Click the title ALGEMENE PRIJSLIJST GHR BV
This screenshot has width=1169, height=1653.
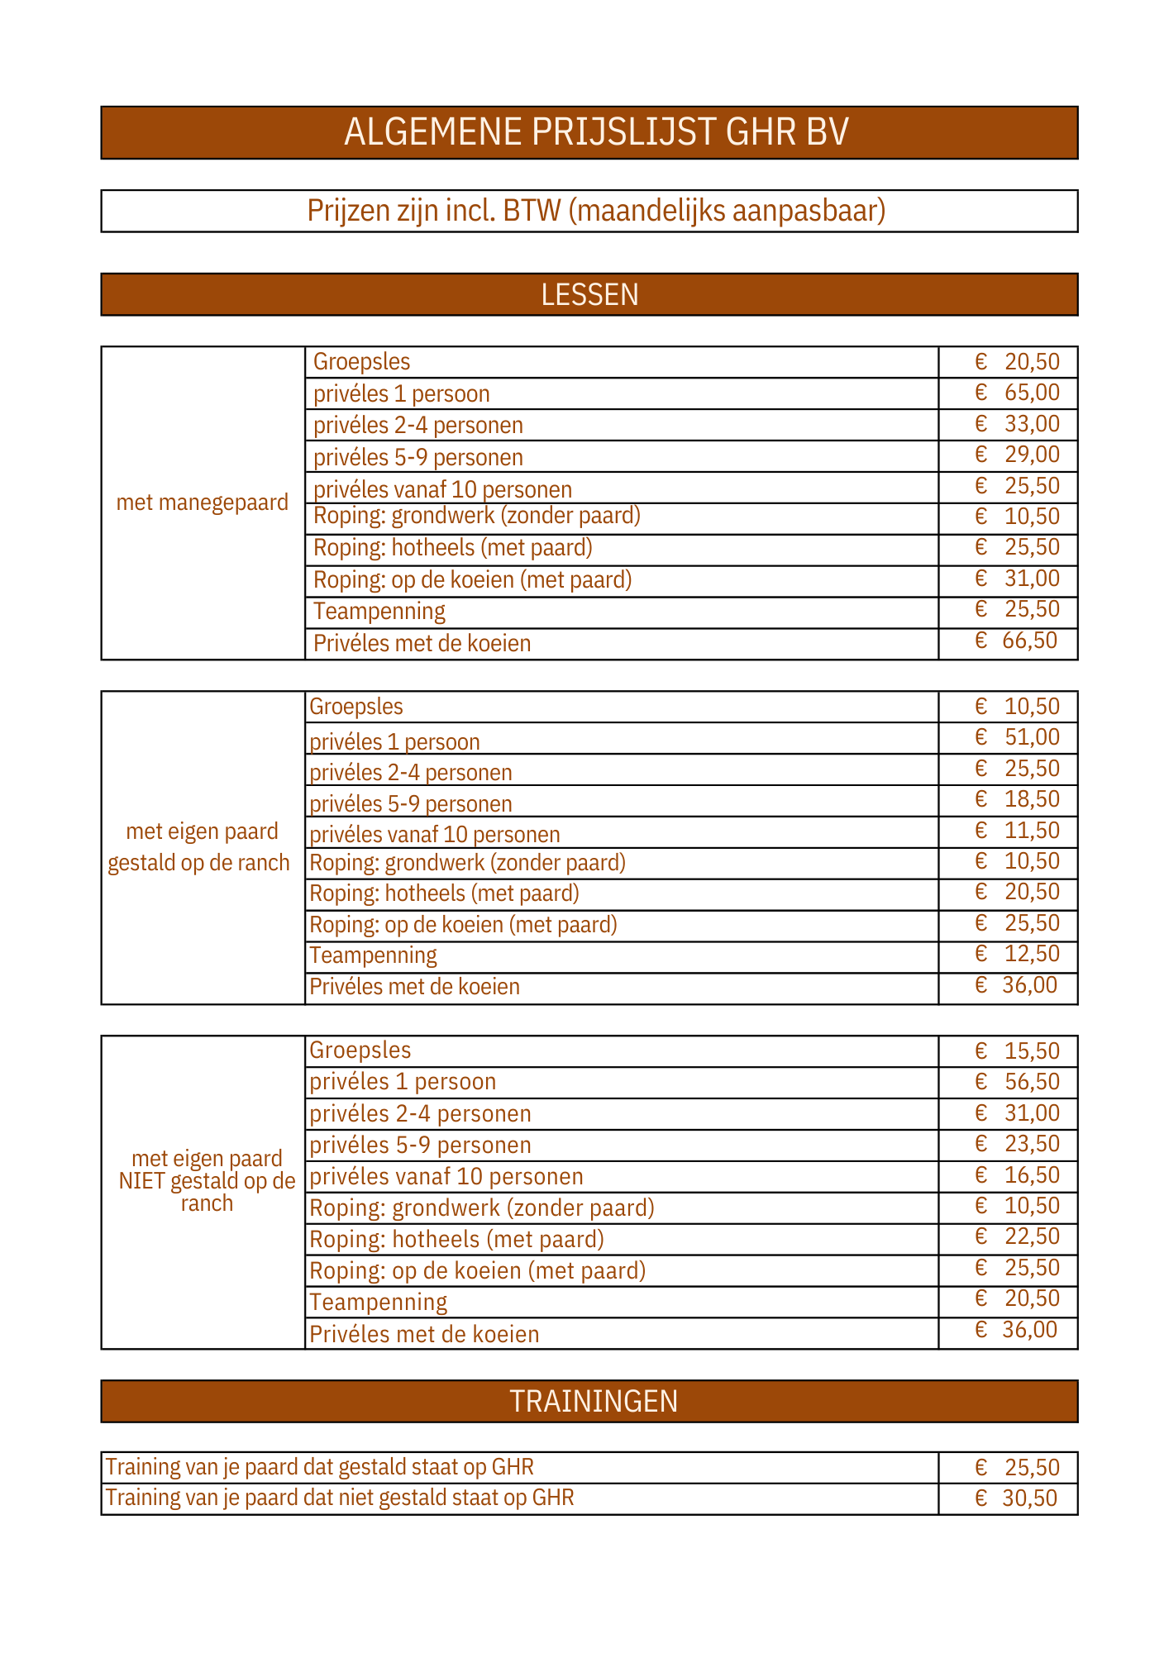(x=596, y=132)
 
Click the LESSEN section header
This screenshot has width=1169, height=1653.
(x=589, y=295)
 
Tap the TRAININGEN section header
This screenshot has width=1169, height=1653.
(x=594, y=1401)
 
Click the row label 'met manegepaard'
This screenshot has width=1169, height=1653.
(x=203, y=503)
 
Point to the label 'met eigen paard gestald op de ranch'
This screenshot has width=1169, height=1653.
(x=200, y=847)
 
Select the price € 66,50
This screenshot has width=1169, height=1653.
(x=1016, y=641)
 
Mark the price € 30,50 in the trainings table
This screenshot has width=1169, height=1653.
(x=1016, y=1498)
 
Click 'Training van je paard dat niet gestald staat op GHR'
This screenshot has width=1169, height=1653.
(x=340, y=1498)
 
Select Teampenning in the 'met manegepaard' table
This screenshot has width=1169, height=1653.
(x=379, y=612)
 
